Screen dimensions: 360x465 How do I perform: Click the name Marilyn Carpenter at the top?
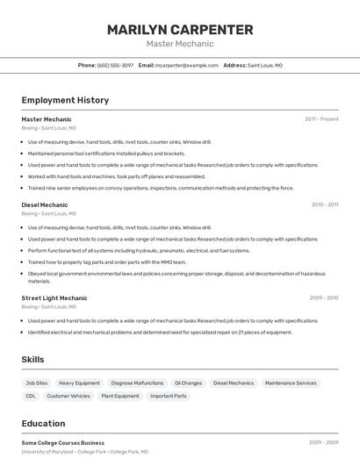click(180, 30)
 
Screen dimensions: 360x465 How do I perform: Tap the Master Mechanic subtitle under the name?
click(180, 44)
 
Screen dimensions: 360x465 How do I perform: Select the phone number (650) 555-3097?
click(115, 65)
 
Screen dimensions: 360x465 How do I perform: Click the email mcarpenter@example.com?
click(187, 65)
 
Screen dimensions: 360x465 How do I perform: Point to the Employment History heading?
click(65, 100)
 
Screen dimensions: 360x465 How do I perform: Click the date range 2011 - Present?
click(321, 118)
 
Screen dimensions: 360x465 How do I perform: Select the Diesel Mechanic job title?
click(45, 204)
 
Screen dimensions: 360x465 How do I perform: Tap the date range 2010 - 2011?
click(324, 204)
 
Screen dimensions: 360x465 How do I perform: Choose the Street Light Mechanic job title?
click(54, 297)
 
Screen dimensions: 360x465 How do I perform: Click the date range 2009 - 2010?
click(324, 297)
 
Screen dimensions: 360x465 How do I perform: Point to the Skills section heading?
click(32, 360)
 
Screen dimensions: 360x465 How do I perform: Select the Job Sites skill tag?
click(37, 383)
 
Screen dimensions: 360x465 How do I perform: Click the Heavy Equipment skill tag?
click(79, 383)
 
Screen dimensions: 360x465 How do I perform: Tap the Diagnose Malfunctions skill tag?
click(137, 383)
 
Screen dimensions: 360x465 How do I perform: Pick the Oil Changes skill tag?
click(188, 383)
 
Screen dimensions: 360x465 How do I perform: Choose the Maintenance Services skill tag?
click(291, 383)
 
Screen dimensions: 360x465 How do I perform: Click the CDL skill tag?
click(31, 396)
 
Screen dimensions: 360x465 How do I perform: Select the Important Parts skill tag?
click(168, 396)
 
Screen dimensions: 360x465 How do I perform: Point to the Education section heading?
click(43, 423)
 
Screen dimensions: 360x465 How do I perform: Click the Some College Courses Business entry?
click(63, 443)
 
